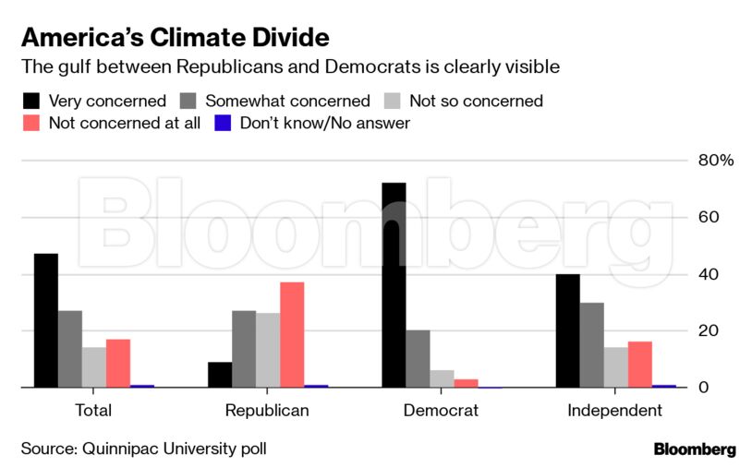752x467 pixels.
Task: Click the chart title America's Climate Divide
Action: pos(175,38)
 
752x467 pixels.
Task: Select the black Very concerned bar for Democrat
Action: pos(394,285)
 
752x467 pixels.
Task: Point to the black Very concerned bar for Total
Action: pos(46,320)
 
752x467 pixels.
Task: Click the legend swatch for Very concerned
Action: pos(31,101)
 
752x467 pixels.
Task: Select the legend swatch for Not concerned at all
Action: pos(31,123)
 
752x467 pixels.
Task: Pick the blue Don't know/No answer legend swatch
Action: pos(223,123)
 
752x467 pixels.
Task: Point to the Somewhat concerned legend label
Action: pos(287,101)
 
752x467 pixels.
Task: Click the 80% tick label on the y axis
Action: pos(715,161)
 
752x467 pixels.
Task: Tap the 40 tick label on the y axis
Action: pos(708,274)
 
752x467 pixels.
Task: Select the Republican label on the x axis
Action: pos(267,411)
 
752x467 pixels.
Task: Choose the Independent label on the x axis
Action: pos(614,411)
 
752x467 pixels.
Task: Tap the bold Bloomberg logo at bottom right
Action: pos(695,449)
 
